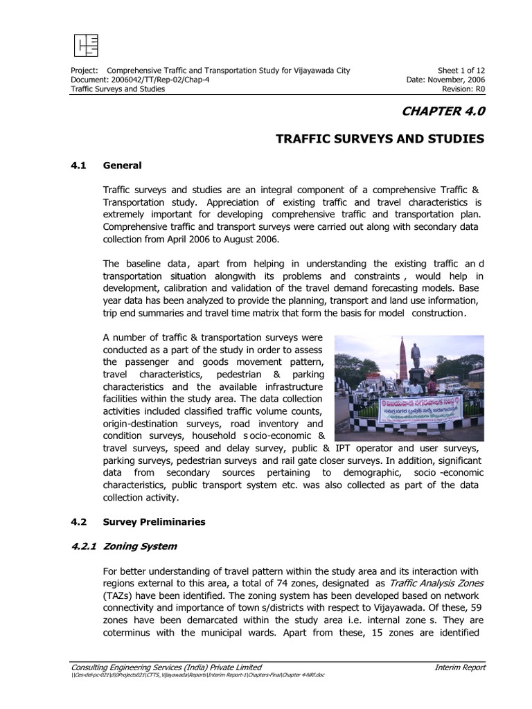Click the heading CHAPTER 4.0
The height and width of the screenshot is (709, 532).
441,111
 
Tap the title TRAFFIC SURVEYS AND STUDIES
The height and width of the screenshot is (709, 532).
380,139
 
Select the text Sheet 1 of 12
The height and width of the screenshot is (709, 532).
460,71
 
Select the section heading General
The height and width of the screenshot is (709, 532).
122,165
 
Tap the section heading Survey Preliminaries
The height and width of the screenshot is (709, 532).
154,521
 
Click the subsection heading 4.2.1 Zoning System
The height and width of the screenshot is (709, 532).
125,546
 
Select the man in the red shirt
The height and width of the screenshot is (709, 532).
432,388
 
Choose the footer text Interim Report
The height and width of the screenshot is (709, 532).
460,667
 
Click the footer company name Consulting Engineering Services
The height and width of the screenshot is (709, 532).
166,667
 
